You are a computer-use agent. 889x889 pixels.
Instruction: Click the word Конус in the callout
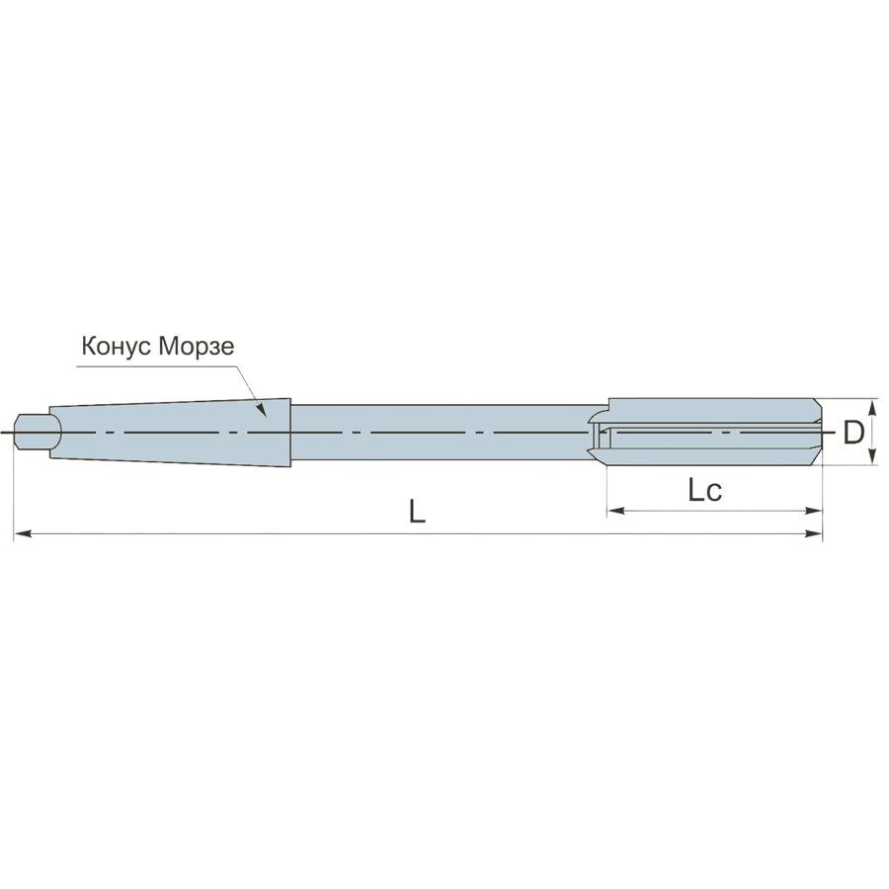click(x=117, y=346)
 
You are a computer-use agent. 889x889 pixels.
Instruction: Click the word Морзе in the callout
click(x=197, y=346)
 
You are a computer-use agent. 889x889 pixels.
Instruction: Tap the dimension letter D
click(x=853, y=433)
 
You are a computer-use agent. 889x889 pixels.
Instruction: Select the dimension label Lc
click(x=704, y=490)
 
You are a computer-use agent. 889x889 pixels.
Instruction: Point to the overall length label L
click(x=417, y=512)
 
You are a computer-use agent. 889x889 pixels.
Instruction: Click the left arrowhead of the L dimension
click(x=22, y=533)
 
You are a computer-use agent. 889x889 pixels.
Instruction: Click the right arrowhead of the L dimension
click(x=814, y=533)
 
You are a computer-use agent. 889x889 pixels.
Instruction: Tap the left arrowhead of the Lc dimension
click(x=615, y=511)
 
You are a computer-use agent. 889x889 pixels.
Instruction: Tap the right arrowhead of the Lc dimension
click(x=814, y=511)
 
